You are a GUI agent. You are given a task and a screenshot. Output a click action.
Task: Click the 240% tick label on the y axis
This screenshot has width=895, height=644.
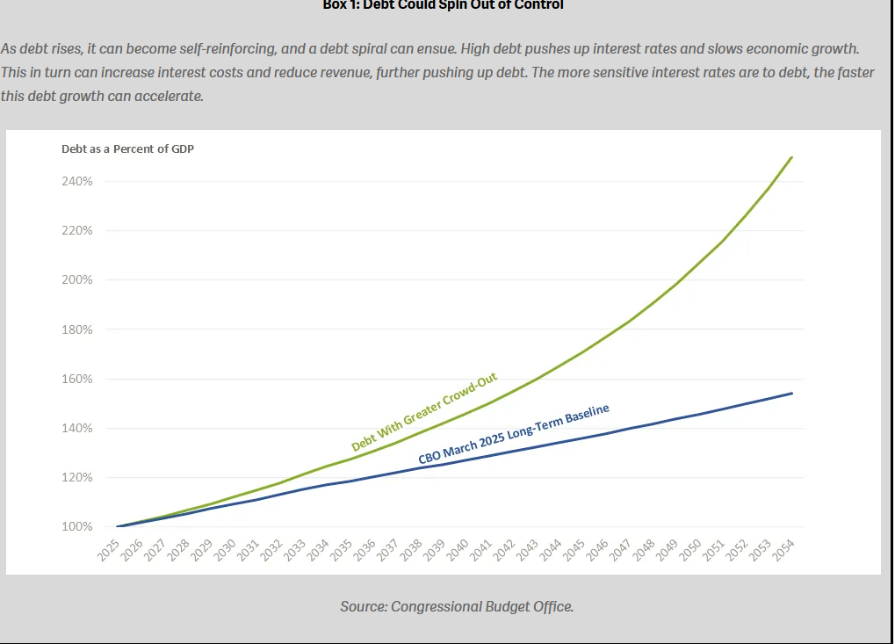pyautogui.click(x=76, y=182)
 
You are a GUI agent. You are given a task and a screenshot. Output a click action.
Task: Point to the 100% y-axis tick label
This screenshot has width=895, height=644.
pyautogui.click(x=76, y=527)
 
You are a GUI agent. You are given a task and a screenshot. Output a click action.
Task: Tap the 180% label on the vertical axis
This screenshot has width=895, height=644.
pyautogui.click(x=76, y=329)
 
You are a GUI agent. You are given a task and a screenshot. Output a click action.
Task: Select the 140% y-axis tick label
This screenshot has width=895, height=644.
pyautogui.click(x=76, y=429)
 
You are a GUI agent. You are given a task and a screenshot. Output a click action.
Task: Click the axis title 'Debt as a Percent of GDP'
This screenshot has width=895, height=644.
pyautogui.click(x=127, y=148)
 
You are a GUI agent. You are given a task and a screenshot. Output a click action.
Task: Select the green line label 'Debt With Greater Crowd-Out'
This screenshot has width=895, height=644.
pyautogui.click(x=424, y=412)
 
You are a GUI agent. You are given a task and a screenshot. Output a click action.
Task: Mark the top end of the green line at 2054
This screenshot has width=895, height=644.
pyautogui.click(x=792, y=157)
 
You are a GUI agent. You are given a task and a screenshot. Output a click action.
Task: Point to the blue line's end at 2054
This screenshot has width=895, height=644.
pyautogui.click(x=792, y=393)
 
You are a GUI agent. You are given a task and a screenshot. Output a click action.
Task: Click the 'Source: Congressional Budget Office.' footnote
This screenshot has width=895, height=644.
pyautogui.click(x=457, y=606)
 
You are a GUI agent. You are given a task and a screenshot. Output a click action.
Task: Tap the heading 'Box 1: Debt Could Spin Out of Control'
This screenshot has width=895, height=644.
pyautogui.click(x=444, y=5)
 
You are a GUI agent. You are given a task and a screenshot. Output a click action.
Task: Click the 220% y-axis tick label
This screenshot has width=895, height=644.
pyautogui.click(x=76, y=231)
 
